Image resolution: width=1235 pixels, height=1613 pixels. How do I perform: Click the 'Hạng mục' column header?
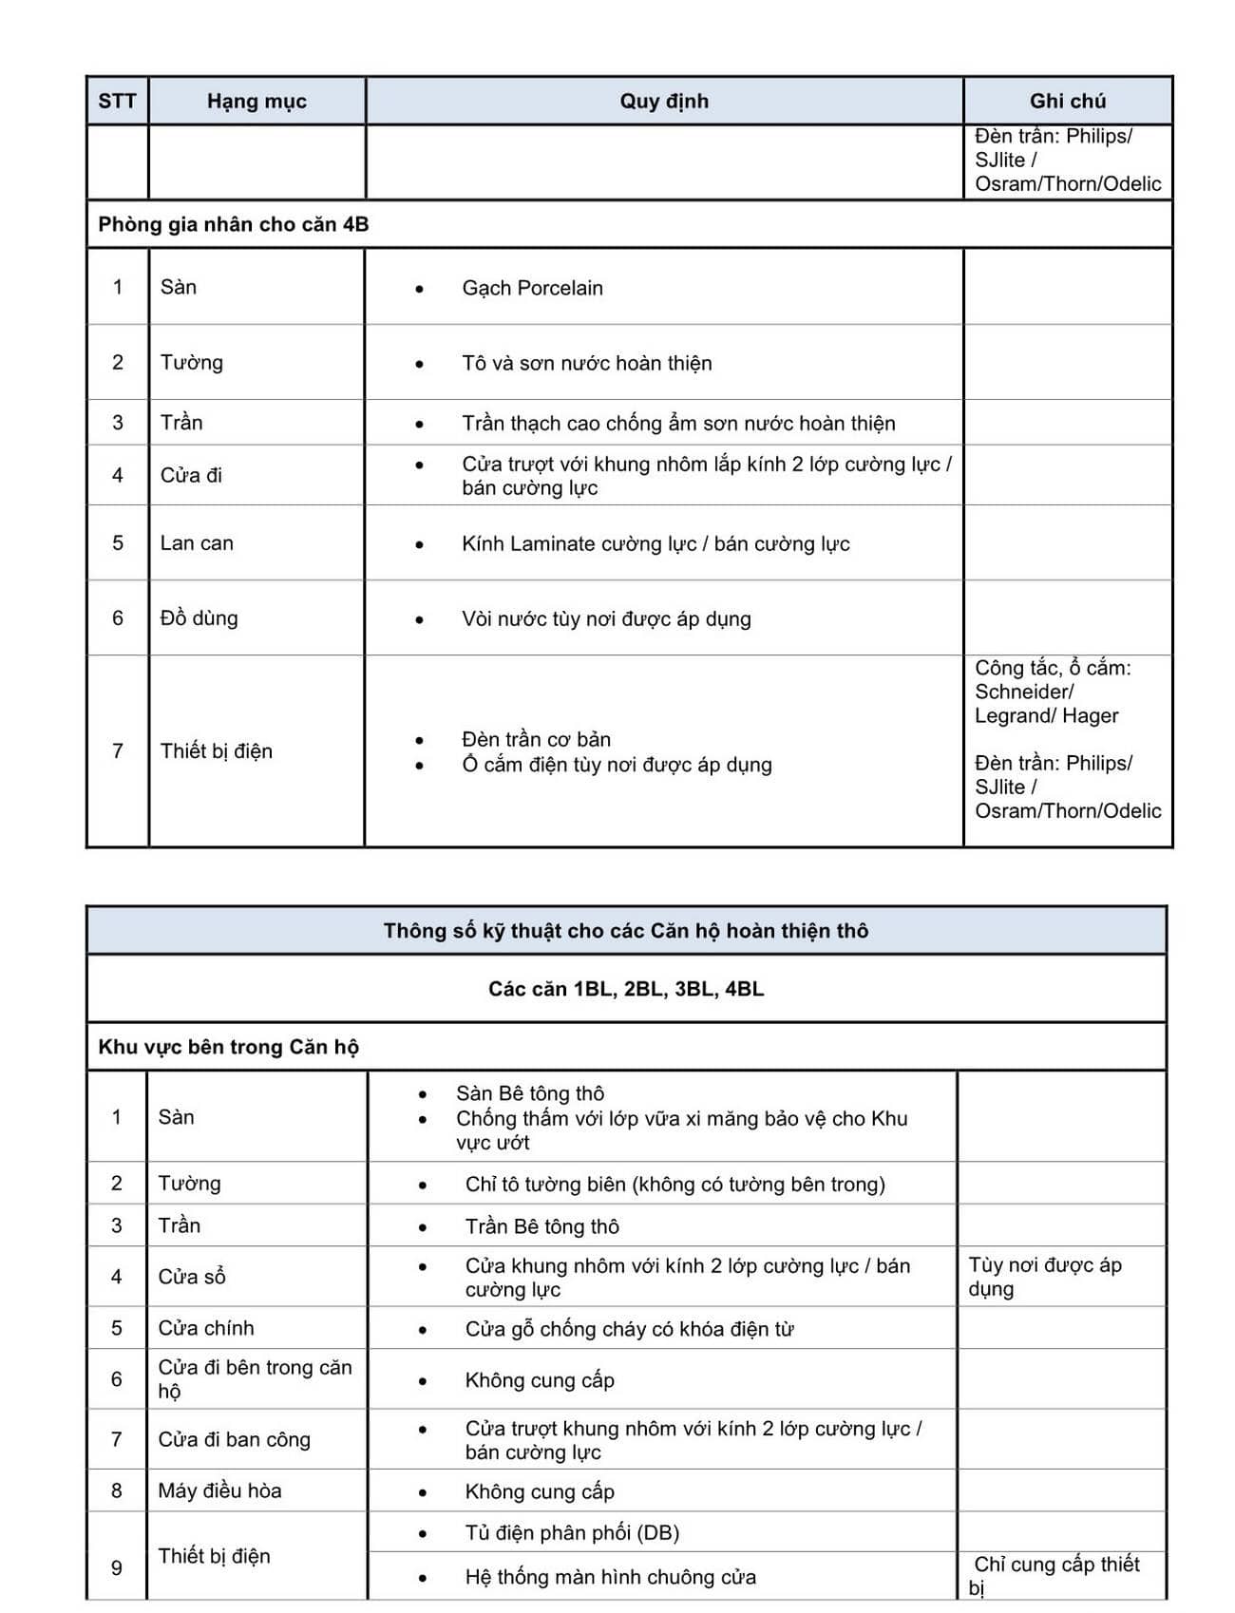(x=256, y=102)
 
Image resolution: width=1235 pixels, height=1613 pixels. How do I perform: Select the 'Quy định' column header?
(x=664, y=102)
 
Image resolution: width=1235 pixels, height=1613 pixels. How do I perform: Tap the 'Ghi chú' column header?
(x=1067, y=102)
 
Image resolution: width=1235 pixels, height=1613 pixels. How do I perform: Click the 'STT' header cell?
(x=117, y=102)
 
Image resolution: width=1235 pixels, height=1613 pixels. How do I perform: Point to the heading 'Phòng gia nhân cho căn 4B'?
(x=234, y=225)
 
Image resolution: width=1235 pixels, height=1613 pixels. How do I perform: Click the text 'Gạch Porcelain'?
(x=532, y=288)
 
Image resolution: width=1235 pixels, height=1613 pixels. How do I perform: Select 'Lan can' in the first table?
(x=197, y=543)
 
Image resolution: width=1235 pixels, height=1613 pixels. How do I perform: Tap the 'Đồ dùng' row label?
(x=199, y=618)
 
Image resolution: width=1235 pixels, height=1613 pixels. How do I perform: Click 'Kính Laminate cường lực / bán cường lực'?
(x=655, y=544)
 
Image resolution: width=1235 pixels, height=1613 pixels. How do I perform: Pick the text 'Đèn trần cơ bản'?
(x=536, y=739)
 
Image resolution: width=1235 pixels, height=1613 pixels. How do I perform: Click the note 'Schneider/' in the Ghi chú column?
(x=1024, y=692)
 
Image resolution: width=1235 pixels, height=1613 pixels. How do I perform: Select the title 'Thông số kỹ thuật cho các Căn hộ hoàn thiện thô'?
(x=626, y=931)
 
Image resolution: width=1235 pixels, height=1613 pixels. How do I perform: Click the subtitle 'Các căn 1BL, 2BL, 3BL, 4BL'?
(x=626, y=989)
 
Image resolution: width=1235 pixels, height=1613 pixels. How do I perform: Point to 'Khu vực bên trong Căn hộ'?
(x=228, y=1047)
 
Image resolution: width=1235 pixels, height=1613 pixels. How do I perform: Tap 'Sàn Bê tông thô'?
(x=530, y=1093)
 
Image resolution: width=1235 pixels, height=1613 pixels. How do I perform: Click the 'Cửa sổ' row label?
(x=192, y=1277)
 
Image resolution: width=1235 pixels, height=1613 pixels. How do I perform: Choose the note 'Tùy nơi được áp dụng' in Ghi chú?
(x=1044, y=1277)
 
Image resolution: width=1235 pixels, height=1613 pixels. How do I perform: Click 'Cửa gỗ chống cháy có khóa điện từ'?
(x=629, y=1329)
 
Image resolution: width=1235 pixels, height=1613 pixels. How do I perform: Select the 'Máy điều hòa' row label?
(x=219, y=1490)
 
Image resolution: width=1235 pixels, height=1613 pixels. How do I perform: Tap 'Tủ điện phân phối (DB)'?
(x=572, y=1532)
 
